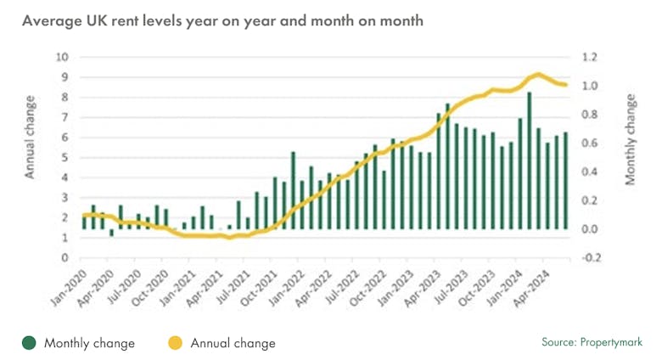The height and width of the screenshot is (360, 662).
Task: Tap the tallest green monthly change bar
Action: click(530, 160)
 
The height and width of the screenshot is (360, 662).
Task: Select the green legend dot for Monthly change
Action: click(29, 343)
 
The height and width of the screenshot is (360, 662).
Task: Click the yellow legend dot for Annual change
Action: click(176, 343)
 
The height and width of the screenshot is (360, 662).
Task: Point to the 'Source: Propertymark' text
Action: click(592, 343)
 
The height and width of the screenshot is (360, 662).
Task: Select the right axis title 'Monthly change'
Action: click(631, 141)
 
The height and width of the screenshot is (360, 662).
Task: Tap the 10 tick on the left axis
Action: click(62, 58)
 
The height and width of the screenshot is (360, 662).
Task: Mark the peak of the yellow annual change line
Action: click(537, 75)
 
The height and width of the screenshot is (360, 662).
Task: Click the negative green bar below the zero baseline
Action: click(111, 232)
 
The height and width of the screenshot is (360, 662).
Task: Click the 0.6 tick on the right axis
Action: click(591, 143)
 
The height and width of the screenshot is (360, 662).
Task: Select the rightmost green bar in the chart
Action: click(566, 180)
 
